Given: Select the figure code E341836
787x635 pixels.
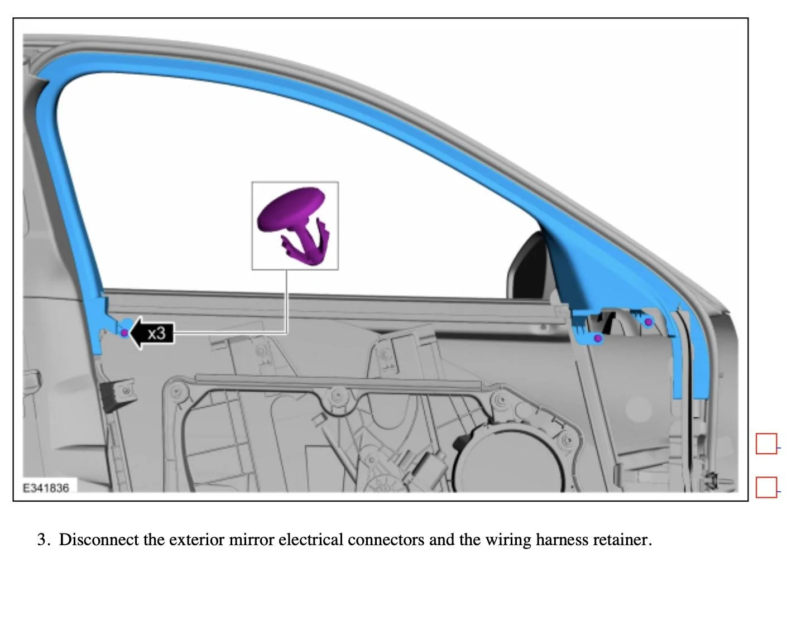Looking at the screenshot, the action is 46,488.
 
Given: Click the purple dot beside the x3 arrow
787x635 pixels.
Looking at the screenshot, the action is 124,333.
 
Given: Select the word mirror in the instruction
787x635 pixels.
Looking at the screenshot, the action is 251,540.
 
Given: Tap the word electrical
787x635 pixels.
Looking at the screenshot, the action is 311,540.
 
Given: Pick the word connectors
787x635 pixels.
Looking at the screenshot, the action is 386,540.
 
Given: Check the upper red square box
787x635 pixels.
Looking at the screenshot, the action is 766,443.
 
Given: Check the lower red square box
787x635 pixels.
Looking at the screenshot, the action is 766,487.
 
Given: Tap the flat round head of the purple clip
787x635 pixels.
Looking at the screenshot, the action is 291,209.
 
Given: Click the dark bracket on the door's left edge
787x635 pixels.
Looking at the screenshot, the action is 118,394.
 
